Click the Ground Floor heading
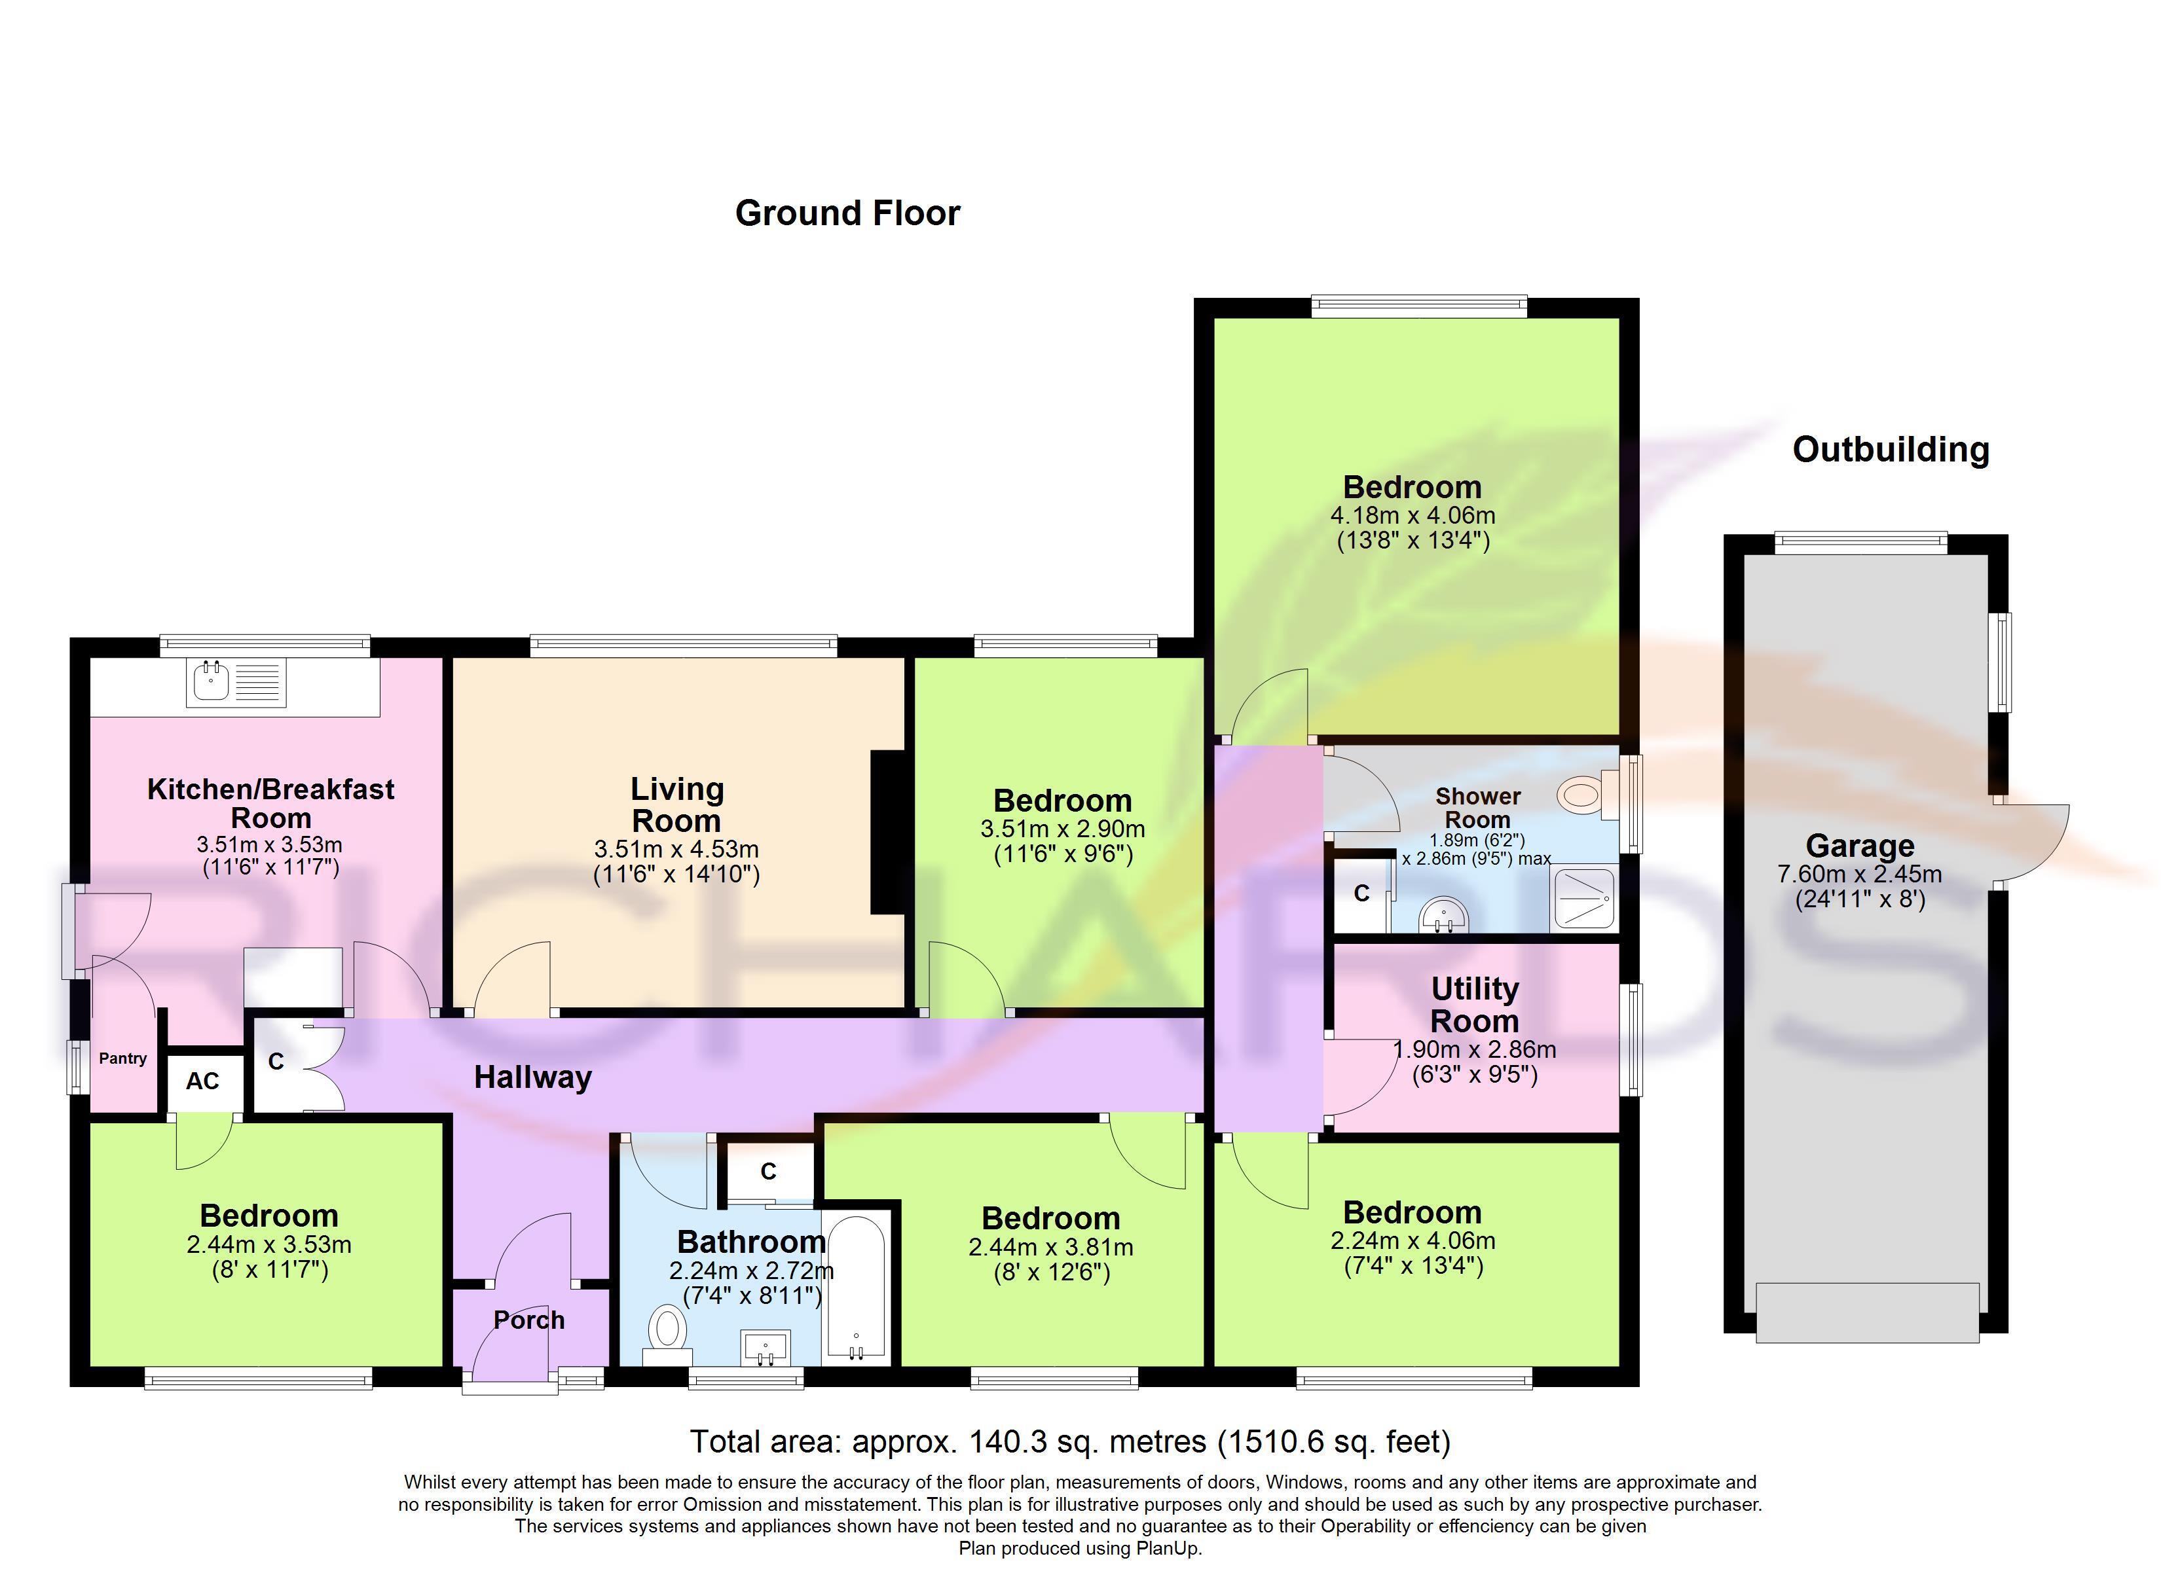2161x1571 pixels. (x=847, y=213)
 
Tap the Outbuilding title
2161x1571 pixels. (x=1891, y=450)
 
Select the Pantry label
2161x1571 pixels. (x=123, y=1058)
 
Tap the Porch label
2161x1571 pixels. (x=529, y=1320)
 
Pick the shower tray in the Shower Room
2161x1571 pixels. (x=1585, y=898)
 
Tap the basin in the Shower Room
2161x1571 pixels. (x=1443, y=916)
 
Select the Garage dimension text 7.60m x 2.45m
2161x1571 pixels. (x=1859, y=874)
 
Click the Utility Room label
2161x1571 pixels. (x=1474, y=1005)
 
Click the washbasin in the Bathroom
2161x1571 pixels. (x=764, y=1349)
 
